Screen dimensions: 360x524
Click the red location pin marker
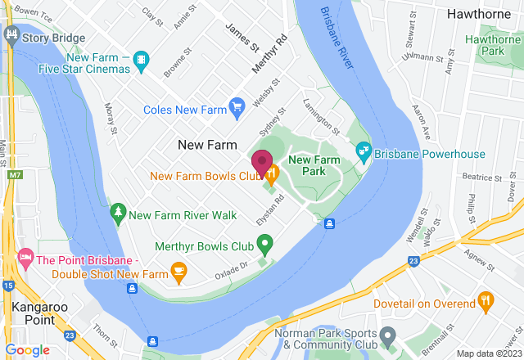click(262, 164)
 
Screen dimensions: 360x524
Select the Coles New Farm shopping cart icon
click(237, 106)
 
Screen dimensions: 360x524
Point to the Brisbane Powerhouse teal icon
click(363, 151)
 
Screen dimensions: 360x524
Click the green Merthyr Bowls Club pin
click(264, 244)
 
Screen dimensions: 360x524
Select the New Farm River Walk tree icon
click(118, 214)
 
